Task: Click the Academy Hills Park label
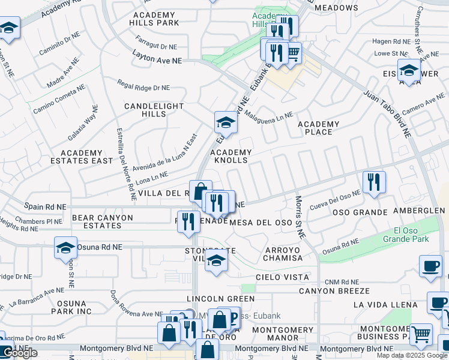click(x=154, y=18)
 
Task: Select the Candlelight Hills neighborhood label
click(x=154, y=110)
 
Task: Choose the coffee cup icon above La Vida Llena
click(x=430, y=267)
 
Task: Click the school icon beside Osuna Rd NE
click(x=66, y=247)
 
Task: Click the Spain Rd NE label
click(x=46, y=207)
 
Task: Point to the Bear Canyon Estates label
click(x=96, y=221)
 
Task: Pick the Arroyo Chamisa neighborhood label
click(x=282, y=253)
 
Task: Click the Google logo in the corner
click(x=19, y=353)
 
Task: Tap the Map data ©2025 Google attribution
click(x=412, y=355)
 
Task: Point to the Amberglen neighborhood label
click(x=418, y=211)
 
